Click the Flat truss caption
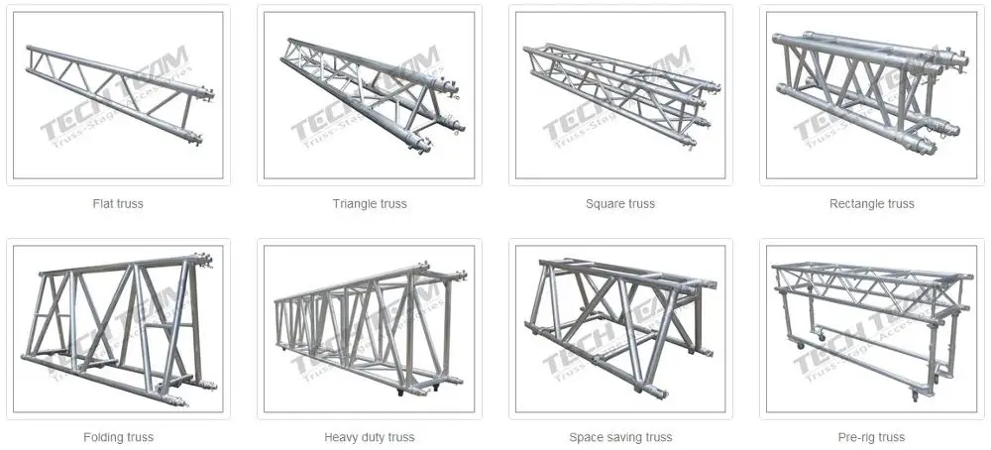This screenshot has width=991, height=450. (x=118, y=204)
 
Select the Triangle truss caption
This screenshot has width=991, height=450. (x=370, y=204)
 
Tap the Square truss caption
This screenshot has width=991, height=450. (x=620, y=204)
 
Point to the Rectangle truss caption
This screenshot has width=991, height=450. (x=872, y=204)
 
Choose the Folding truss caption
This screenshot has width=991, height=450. (x=118, y=437)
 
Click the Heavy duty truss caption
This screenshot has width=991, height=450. (x=370, y=437)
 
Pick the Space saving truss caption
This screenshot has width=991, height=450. (x=620, y=437)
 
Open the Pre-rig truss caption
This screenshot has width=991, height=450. (x=872, y=437)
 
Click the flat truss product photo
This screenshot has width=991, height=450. (x=118, y=95)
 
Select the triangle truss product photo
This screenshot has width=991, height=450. (x=370, y=95)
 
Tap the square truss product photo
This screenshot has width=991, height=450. (x=620, y=95)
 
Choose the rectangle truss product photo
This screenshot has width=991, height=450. (x=872, y=95)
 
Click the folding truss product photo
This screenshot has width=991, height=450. (x=118, y=328)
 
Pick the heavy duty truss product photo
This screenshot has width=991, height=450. (x=370, y=328)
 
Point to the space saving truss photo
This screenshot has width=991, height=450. (x=620, y=328)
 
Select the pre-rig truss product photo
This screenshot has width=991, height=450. (x=872, y=328)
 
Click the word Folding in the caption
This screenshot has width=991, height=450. (x=103, y=437)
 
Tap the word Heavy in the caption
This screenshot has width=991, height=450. (x=340, y=437)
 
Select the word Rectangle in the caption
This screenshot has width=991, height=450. (x=856, y=204)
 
